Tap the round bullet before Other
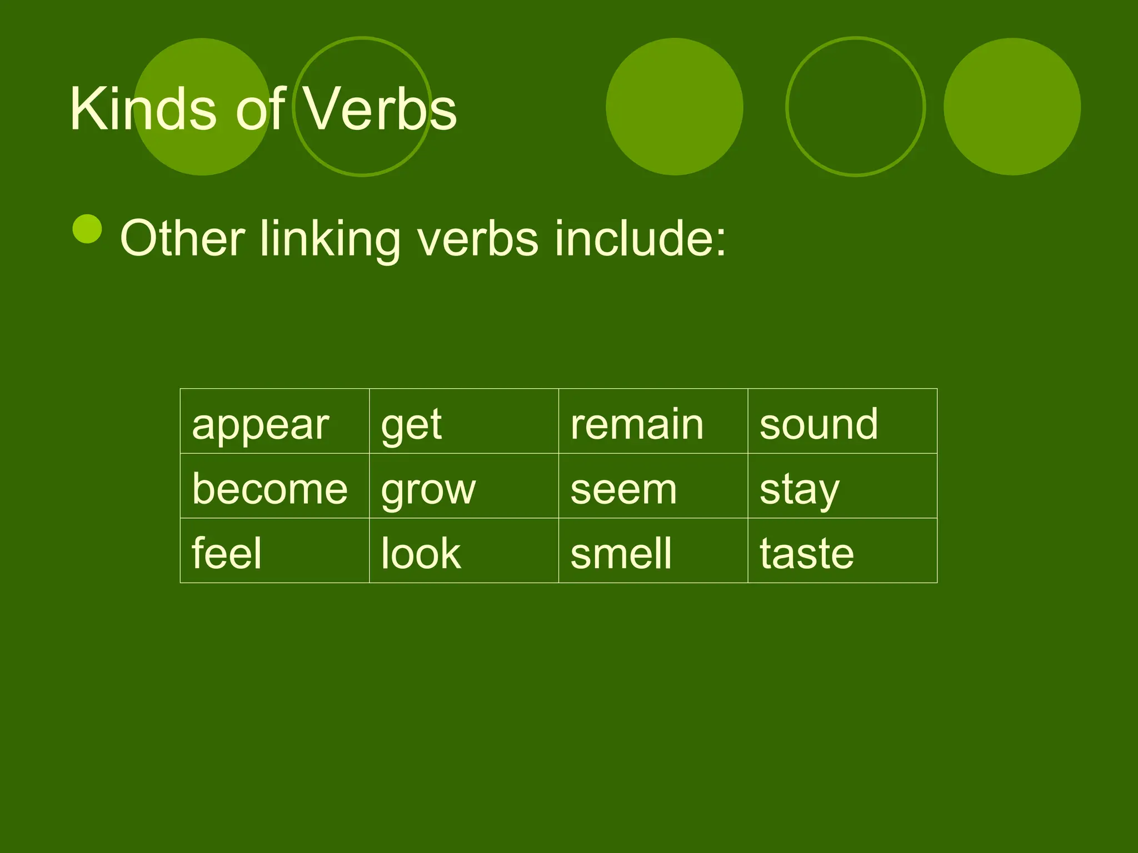[x=87, y=229]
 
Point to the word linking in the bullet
[x=330, y=239]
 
